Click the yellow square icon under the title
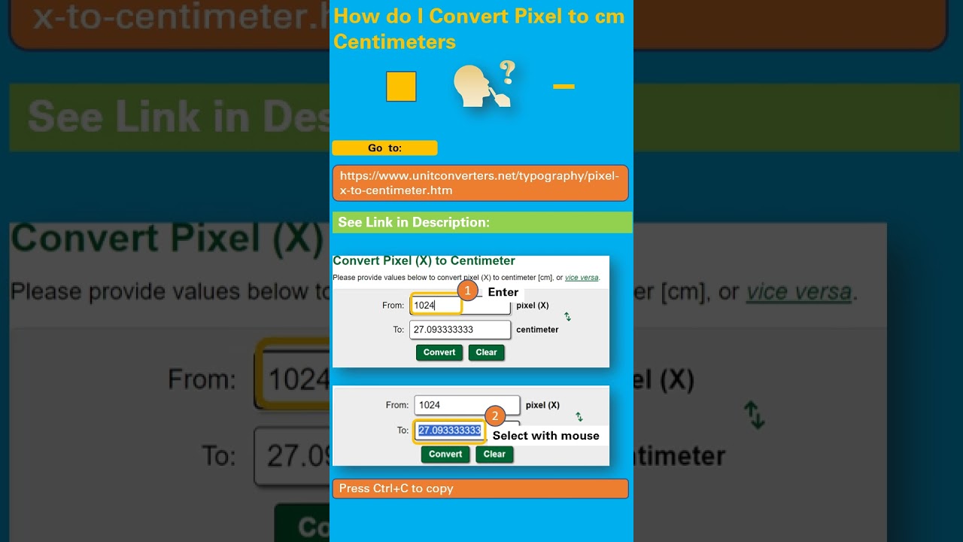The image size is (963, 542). [401, 87]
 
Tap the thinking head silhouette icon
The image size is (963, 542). [478, 87]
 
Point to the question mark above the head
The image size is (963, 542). [508, 72]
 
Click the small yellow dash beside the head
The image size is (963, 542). [564, 87]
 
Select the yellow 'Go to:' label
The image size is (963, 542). [384, 148]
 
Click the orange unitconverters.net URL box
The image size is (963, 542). [480, 183]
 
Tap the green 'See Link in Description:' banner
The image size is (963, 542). [481, 222]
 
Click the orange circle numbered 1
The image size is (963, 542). [467, 291]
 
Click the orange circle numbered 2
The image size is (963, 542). [494, 416]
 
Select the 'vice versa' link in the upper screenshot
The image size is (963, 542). [582, 278]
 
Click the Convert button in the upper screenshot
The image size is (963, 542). [439, 352]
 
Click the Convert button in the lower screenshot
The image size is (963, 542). [445, 454]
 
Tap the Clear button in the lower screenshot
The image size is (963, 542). [494, 454]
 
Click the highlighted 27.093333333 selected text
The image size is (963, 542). [449, 431]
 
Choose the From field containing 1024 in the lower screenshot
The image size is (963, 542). [466, 405]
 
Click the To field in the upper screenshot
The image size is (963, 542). [460, 330]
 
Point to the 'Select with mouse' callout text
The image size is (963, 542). [545, 436]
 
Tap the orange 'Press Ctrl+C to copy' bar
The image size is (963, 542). [480, 489]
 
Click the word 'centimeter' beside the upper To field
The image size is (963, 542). [537, 330]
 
